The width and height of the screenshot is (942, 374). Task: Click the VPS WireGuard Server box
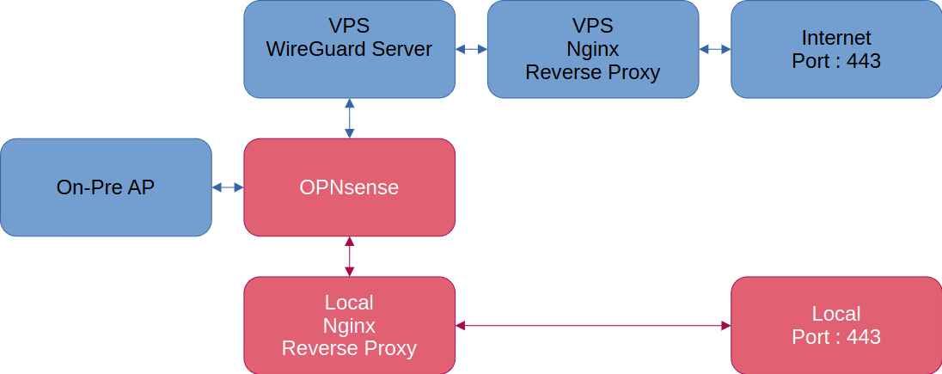[x=349, y=49]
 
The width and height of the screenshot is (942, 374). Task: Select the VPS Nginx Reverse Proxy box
[x=592, y=49]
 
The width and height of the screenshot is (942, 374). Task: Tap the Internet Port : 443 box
[x=835, y=49]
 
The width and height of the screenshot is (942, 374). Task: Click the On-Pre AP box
[x=106, y=187]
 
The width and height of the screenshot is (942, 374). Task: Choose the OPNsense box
[x=349, y=187]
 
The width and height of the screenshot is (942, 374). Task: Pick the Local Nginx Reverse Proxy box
[x=349, y=326]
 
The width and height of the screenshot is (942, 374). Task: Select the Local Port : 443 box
[x=835, y=326]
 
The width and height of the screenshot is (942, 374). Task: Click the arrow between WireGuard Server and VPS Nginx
[x=471, y=49]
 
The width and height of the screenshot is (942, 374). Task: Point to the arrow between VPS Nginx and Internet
[x=714, y=49]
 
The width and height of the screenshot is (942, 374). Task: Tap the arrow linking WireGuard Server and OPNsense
[x=350, y=118]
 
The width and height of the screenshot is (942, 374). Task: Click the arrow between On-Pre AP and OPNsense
[x=228, y=187]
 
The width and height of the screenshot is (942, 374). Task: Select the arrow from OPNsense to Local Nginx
[x=350, y=256]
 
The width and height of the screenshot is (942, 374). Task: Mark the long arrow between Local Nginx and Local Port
[x=592, y=326]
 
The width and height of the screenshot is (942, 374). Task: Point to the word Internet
[x=835, y=38]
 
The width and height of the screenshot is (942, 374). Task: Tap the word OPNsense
[x=349, y=187]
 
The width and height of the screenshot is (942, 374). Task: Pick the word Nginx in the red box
[x=349, y=326]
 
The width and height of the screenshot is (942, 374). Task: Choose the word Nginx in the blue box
[x=592, y=49]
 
